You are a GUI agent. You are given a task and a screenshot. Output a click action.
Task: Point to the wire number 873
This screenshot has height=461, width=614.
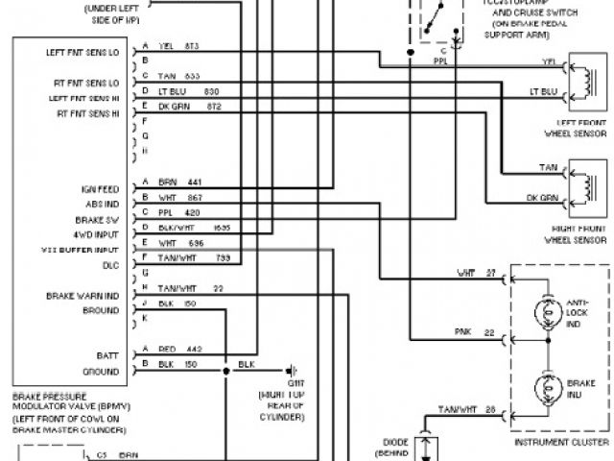tap(193, 46)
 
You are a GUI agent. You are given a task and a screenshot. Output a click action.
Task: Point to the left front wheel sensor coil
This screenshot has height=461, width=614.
tap(581, 80)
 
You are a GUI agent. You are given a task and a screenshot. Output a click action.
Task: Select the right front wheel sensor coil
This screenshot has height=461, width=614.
tap(581, 184)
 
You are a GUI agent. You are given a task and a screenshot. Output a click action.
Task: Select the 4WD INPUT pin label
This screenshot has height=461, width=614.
tap(97, 233)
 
